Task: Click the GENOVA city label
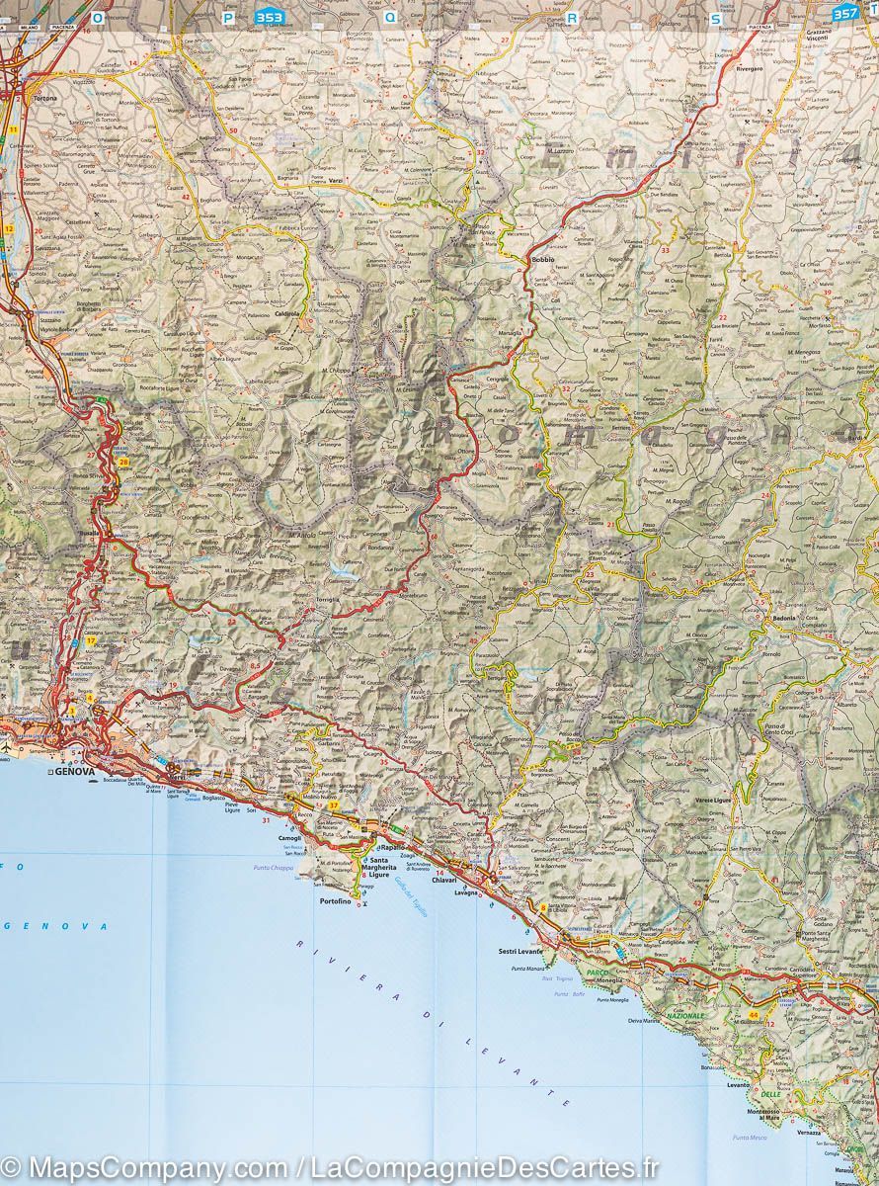tap(75, 771)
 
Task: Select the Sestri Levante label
tap(519, 951)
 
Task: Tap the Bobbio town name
tap(543, 259)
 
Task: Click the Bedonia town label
tap(784, 618)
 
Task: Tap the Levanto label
tap(739, 1084)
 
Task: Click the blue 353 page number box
tap(267, 17)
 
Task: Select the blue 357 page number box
tap(845, 13)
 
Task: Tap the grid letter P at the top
tap(228, 17)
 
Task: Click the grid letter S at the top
tap(716, 17)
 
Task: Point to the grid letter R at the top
tap(572, 17)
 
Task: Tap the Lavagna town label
tap(465, 892)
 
